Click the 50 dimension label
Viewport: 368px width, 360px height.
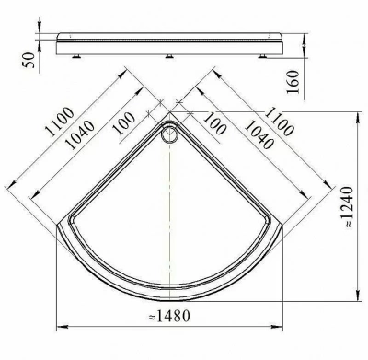point(29,60)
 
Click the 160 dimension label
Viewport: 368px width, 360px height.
point(292,82)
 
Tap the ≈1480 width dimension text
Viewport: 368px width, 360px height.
point(169,316)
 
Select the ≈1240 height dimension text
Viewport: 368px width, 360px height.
point(347,206)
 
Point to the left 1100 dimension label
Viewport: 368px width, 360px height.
point(60,122)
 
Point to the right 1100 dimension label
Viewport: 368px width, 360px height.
point(279,122)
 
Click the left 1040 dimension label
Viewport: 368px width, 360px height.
point(80,135)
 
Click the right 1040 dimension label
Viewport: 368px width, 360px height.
point(259,134)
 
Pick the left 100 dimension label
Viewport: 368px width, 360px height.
point(124,123)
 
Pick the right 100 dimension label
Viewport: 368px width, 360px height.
point(214,123)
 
